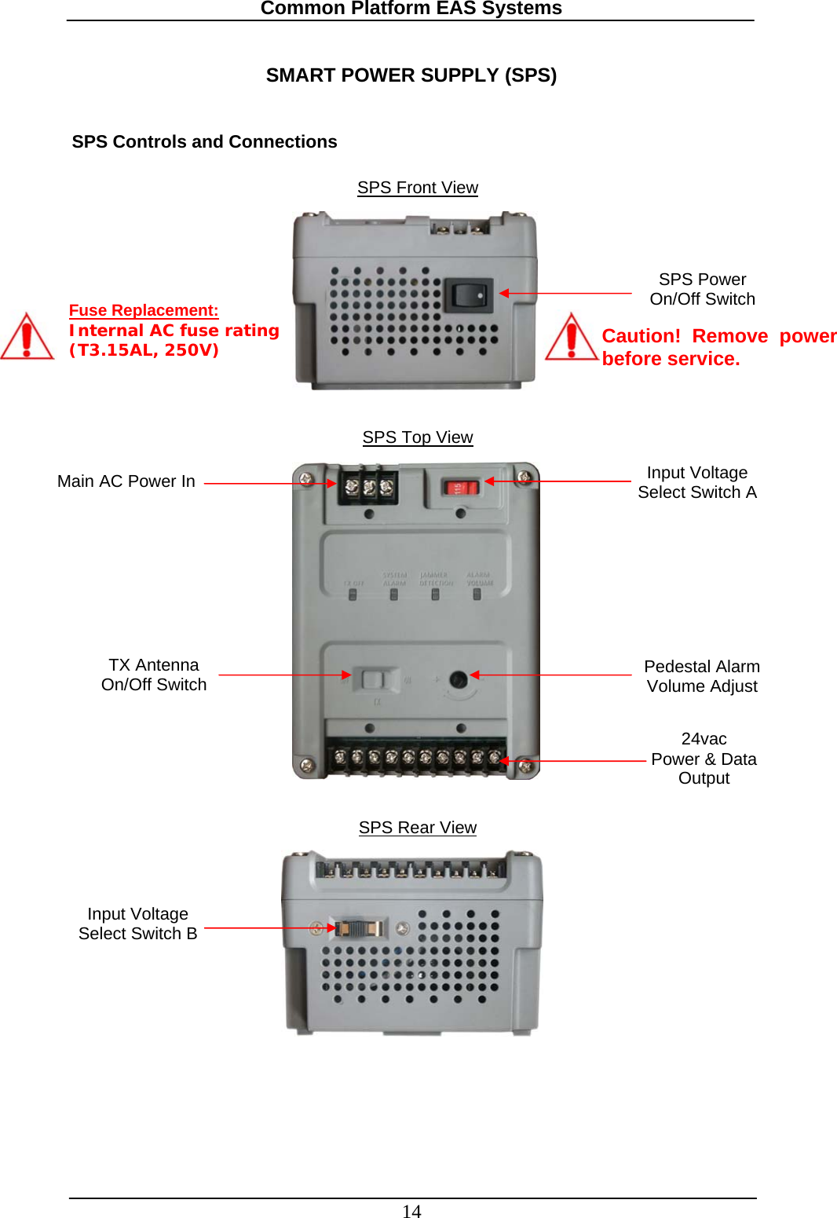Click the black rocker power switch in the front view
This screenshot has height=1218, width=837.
click(x=469, y=296)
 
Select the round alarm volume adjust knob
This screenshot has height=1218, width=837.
click(x=459, y=679)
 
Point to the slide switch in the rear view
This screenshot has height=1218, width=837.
click(x=358, y=928)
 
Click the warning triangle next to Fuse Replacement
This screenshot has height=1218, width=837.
click(x=27, y=338)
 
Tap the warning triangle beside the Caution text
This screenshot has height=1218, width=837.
click(x=572, y=338)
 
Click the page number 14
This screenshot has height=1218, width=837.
click(x=411, y=1211)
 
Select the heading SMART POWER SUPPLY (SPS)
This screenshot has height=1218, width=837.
click(x=411, y=75)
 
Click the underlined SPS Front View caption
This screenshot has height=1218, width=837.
click(x=418, y=188)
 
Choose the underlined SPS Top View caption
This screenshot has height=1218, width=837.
click(x=418, y=437)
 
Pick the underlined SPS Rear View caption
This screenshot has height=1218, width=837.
click(x=418, y=828)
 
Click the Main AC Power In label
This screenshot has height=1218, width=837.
click(x=126, y=481)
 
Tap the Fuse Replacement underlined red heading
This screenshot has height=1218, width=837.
click(x=144, y=310)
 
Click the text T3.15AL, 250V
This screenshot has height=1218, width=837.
click(x=144, y=350)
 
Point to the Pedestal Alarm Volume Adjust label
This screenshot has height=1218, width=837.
click(x=702, y=676)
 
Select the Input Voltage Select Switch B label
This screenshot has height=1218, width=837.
click(x=138, y=924)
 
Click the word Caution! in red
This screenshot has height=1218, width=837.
click(x=641, y=336)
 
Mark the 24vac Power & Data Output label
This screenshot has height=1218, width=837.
click(x=704, y=759)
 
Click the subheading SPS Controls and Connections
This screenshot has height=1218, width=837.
click(x=204, y=142)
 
